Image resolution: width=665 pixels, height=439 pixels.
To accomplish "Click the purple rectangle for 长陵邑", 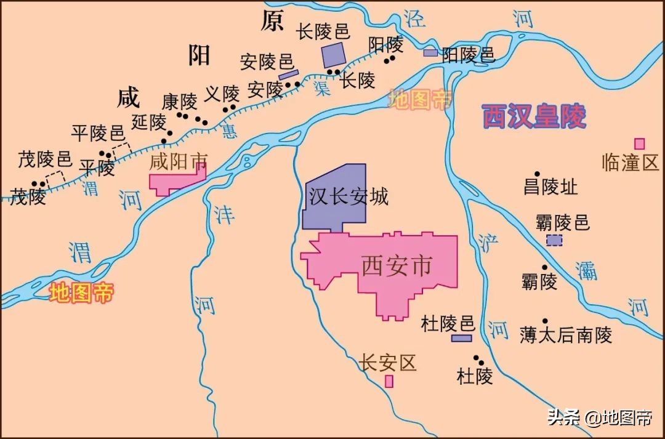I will [x=334, y=55].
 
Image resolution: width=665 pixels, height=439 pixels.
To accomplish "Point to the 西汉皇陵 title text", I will [x=534, y=116].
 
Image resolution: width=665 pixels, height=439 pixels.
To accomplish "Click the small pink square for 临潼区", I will [x=640, y=143].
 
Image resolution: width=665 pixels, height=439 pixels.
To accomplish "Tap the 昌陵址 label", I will [x=550, y=187].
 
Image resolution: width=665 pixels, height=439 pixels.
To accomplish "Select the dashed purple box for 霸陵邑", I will [x=554, y=240].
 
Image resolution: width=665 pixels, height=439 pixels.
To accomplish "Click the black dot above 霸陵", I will [x=544, y=267].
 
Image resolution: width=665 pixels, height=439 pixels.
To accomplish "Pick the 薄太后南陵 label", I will [x=566, y=336].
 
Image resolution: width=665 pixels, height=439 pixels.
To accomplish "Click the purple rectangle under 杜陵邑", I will [x=461, y=338].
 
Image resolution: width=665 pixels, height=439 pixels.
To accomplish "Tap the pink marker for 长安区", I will [x=389, y=381].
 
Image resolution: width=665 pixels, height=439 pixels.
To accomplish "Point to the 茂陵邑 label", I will [x=45, y=159].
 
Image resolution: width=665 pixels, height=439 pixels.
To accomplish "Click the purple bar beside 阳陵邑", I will [x=430, y=53].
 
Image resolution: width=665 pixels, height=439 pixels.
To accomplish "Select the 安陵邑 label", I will [x=267, y=62].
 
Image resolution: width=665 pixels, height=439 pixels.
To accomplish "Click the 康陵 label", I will [x=179, y=101].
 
